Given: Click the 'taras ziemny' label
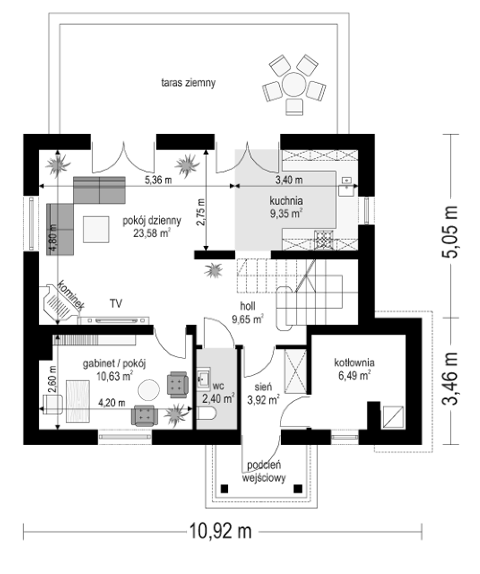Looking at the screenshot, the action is [x=188, y=83].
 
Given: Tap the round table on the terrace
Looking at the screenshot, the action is [x=294, y=84].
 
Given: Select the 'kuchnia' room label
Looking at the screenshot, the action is [x=286, y=201].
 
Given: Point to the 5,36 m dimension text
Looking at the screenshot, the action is [x=158, y=180].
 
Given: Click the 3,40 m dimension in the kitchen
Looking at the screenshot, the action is [x=289, y=180].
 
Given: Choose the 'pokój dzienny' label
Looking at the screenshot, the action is [x=152, y=221].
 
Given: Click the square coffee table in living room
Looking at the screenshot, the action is [x=96, y=229].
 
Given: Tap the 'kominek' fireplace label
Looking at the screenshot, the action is [x=71, y=296].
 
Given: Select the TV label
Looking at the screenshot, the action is [x=116, y=304].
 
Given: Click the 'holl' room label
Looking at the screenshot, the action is [x=247, y=306].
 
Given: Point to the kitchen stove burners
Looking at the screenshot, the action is [x=324, y=240].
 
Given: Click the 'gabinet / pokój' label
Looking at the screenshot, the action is [x=114, y=364].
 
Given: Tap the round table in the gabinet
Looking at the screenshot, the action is [x=149, y=389].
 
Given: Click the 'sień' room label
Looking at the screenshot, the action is [x=263, y=387].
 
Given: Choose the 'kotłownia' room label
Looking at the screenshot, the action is [x=354, y=363].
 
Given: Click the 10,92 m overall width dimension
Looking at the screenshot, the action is [x=220, y=531].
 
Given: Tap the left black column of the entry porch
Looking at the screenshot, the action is [x=225, y=488].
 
